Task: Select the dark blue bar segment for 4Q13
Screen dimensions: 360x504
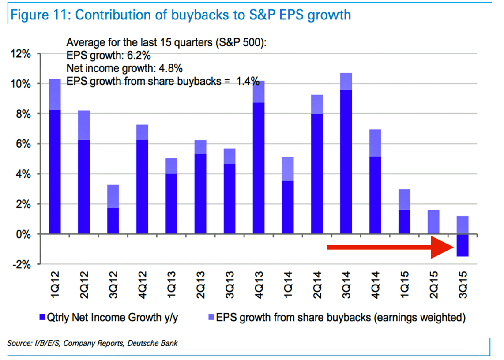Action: pyautogui.click(x=259, y=168)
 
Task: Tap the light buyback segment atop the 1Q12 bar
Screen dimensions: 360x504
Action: pyautogui.click(x=55, y=94)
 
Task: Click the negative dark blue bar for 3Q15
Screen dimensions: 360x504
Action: pyautogui.click(x=463, y=245)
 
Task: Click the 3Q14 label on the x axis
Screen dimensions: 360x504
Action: pyautogui.click(x=346, y=287)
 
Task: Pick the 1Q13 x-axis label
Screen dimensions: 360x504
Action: pyautogui.click(x=172, y=287)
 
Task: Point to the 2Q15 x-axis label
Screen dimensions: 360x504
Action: pyautogui.click(x=434, y=287)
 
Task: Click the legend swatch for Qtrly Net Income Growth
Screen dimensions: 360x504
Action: pyautogui.click(x=43, y=317)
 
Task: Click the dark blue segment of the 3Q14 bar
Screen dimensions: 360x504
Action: pyautogui.click(x=346, y=162)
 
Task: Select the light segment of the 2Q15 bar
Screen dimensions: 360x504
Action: pyautogui.click(x=434, y=221)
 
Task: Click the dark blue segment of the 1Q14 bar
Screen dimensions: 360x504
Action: pyautogui.click(x=288, y=207)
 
